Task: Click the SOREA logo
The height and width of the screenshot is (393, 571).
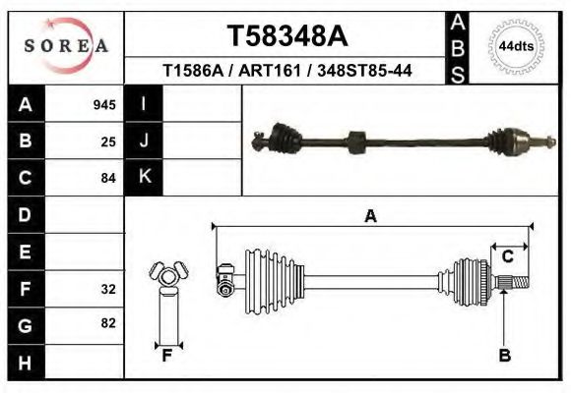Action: [x=66, y=46]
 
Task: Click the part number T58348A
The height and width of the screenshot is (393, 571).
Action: [x=287, y=36]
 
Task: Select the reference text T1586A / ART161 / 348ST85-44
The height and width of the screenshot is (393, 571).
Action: [x=287, y=71]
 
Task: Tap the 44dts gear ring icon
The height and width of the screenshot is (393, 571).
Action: [x=517, y=46]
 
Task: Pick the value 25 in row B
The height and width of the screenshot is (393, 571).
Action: [x=108, y=141]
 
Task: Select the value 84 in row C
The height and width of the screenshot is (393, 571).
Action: [x=108, y=178]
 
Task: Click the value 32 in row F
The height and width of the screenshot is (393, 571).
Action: [x=108, y=289]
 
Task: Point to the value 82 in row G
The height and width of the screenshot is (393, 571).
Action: [x=108, y=323]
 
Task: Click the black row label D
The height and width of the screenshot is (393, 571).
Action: [x=26, y=214]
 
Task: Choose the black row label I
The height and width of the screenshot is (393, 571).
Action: [x=144, y=104]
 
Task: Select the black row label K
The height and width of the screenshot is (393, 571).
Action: [x=144, y=177]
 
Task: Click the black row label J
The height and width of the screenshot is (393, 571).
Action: [x=144, y=140]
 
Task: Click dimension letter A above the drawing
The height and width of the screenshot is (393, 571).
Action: [x=370, y=216]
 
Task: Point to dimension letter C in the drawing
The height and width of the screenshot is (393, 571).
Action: [x=508, y=257]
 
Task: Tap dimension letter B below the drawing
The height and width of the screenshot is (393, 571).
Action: [x=504, y=356]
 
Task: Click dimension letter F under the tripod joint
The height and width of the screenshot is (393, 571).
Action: [x=167, y=356]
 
